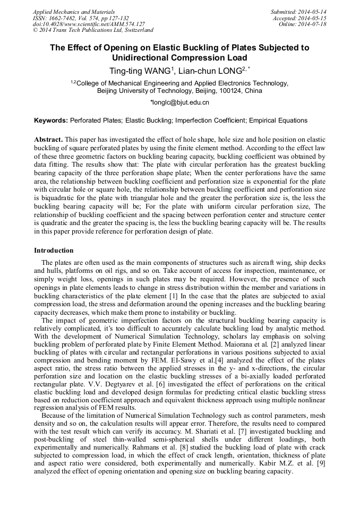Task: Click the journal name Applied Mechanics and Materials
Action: pos(73,12)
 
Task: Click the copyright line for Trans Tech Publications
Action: pos(93,31)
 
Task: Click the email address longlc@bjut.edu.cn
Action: pos(181,102)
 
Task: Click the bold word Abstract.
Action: pos(48,139)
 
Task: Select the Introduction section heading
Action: pos(54,251)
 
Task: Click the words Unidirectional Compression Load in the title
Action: pos(179,57)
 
